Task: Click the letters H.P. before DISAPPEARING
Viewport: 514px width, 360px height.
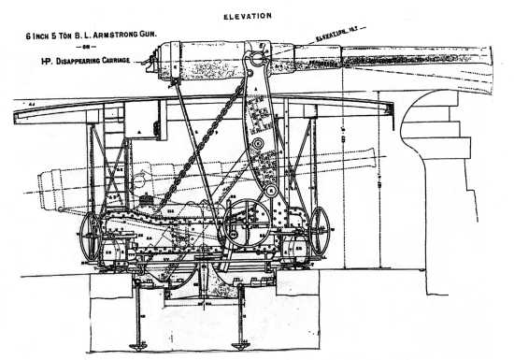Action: [41, 63]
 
